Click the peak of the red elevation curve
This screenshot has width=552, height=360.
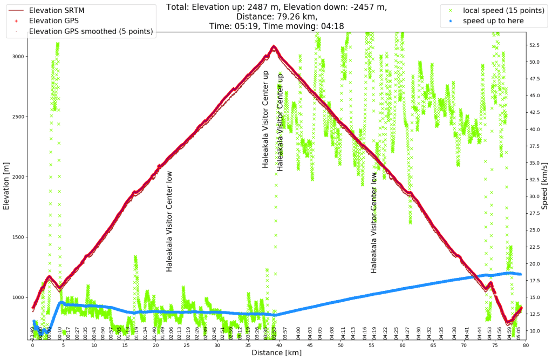(x=274, y=47)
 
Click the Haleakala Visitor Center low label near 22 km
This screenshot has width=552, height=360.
(x=169, y=221)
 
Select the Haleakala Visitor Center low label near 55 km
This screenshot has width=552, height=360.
(x=373, y=222)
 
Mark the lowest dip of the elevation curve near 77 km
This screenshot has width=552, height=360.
(x=508, y=323)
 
